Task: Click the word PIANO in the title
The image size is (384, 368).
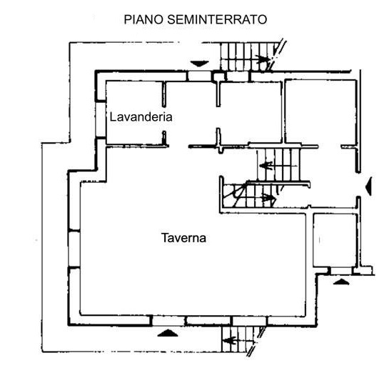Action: click(x=143, y=19)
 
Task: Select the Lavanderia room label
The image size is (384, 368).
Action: click(x=141, y=117)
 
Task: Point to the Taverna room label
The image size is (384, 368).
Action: click(x=183, y=238)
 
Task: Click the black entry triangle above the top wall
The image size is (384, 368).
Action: click(x=200, y=64)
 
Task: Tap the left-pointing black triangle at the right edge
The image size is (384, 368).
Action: click(x=368, y=187)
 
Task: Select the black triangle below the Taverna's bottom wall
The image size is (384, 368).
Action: click(x=168, y=333)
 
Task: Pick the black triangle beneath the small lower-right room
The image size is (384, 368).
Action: click(x=341, y=282)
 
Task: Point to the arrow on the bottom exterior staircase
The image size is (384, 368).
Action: click(x=231, y=341)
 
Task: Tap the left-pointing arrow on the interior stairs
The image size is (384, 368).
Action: click(x=266, y=166)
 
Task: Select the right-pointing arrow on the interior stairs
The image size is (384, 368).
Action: click(x=268, y=197)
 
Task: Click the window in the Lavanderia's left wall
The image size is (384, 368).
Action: click(x=101, y=119)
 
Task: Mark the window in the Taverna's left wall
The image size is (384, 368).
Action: click(x=74, y=249)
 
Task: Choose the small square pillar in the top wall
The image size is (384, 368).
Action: click(x=218, y=76)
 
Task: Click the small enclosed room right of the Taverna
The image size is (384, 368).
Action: click(x=335, y=240)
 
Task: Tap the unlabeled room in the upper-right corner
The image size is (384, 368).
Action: click(x=320, y=111)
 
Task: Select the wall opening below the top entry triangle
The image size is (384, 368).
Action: click(x=199, y=76)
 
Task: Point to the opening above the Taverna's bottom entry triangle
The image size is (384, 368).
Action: click(x=168, y=321)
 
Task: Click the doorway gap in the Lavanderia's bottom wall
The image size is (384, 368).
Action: click(x=178, y=146)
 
